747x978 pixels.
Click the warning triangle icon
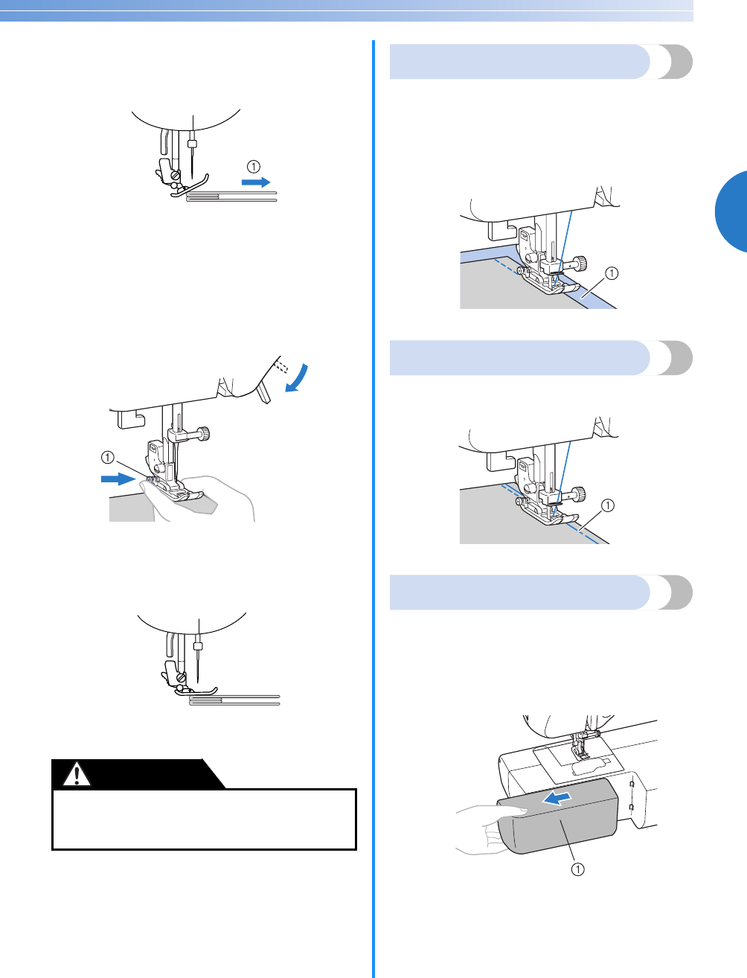point(74,774)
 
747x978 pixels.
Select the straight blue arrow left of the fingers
point(118,479)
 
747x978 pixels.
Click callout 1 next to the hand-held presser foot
point(108,458)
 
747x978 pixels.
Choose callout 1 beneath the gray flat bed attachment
point(577,869)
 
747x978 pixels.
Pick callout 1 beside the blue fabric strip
point(612,273)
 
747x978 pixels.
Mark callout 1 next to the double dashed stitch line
point(608,506)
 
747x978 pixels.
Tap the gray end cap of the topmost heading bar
point(674,61)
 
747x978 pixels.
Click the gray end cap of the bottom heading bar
point(674,592)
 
